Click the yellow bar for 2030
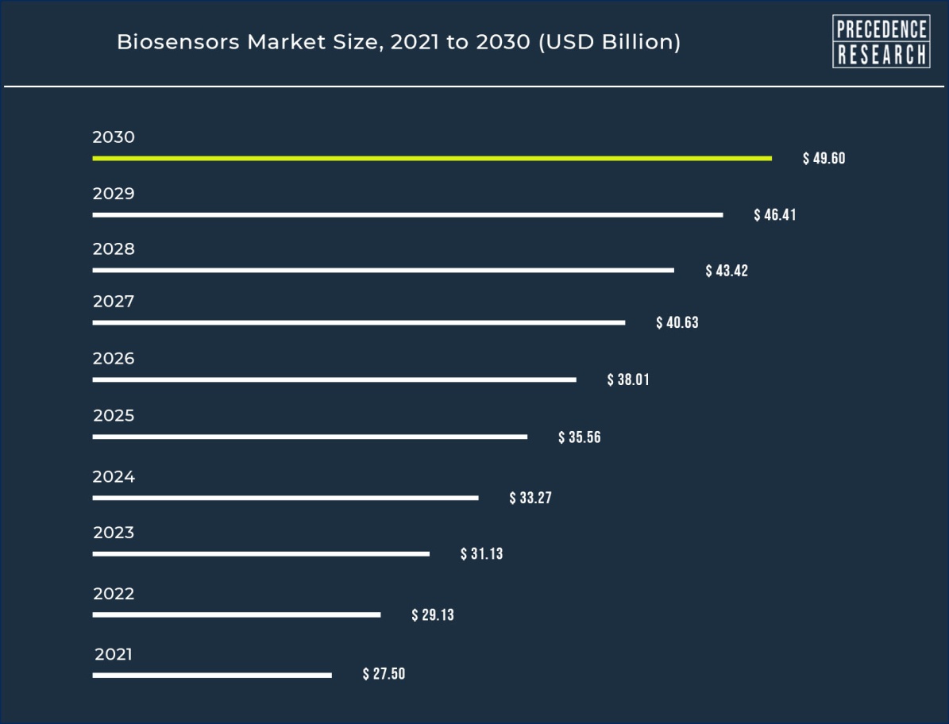(432, 158)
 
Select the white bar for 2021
(212, 676)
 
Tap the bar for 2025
(310, 437)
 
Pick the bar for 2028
(383, 270)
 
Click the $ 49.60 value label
(824, 158)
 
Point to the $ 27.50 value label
(384, 674)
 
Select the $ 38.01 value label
(628, 379)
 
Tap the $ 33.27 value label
(530, 499)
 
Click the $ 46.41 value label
(774, 214)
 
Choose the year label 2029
(114, 194)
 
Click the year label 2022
(114, 594)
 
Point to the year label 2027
(114, 302)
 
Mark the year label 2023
(114, 533)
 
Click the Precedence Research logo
(881, 41)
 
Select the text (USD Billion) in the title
(609, 42)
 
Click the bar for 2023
(260, 553)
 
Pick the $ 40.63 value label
(677, 322)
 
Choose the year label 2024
(114, 477)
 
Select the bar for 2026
(334, 379)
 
